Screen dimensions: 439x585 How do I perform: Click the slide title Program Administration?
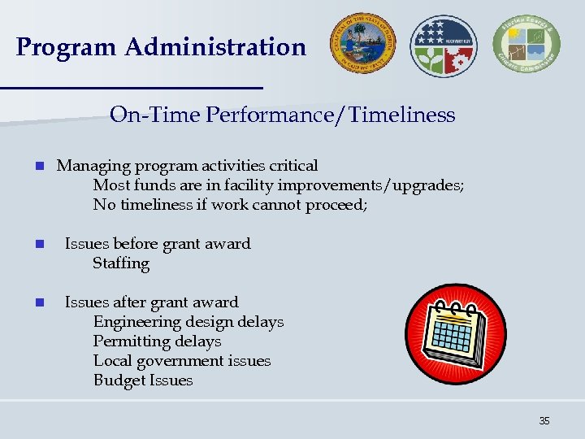click(161, 47)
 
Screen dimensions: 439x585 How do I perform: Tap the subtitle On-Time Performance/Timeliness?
click(282, 115)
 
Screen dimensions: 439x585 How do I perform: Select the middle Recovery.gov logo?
click(444, 46)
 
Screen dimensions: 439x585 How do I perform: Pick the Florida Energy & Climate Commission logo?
click(526, 46)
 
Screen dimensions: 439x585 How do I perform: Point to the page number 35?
click(544, 420)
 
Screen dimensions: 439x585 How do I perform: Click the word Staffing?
click(121, 263)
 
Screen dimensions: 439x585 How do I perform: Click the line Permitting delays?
click(157, 341)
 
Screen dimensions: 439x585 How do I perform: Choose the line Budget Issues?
click(143, 380)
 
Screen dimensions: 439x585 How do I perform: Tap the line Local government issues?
click(181, 361)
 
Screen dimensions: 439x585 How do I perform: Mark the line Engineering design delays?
click(188, 322)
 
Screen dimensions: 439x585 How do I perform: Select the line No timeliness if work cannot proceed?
click(230, 205)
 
